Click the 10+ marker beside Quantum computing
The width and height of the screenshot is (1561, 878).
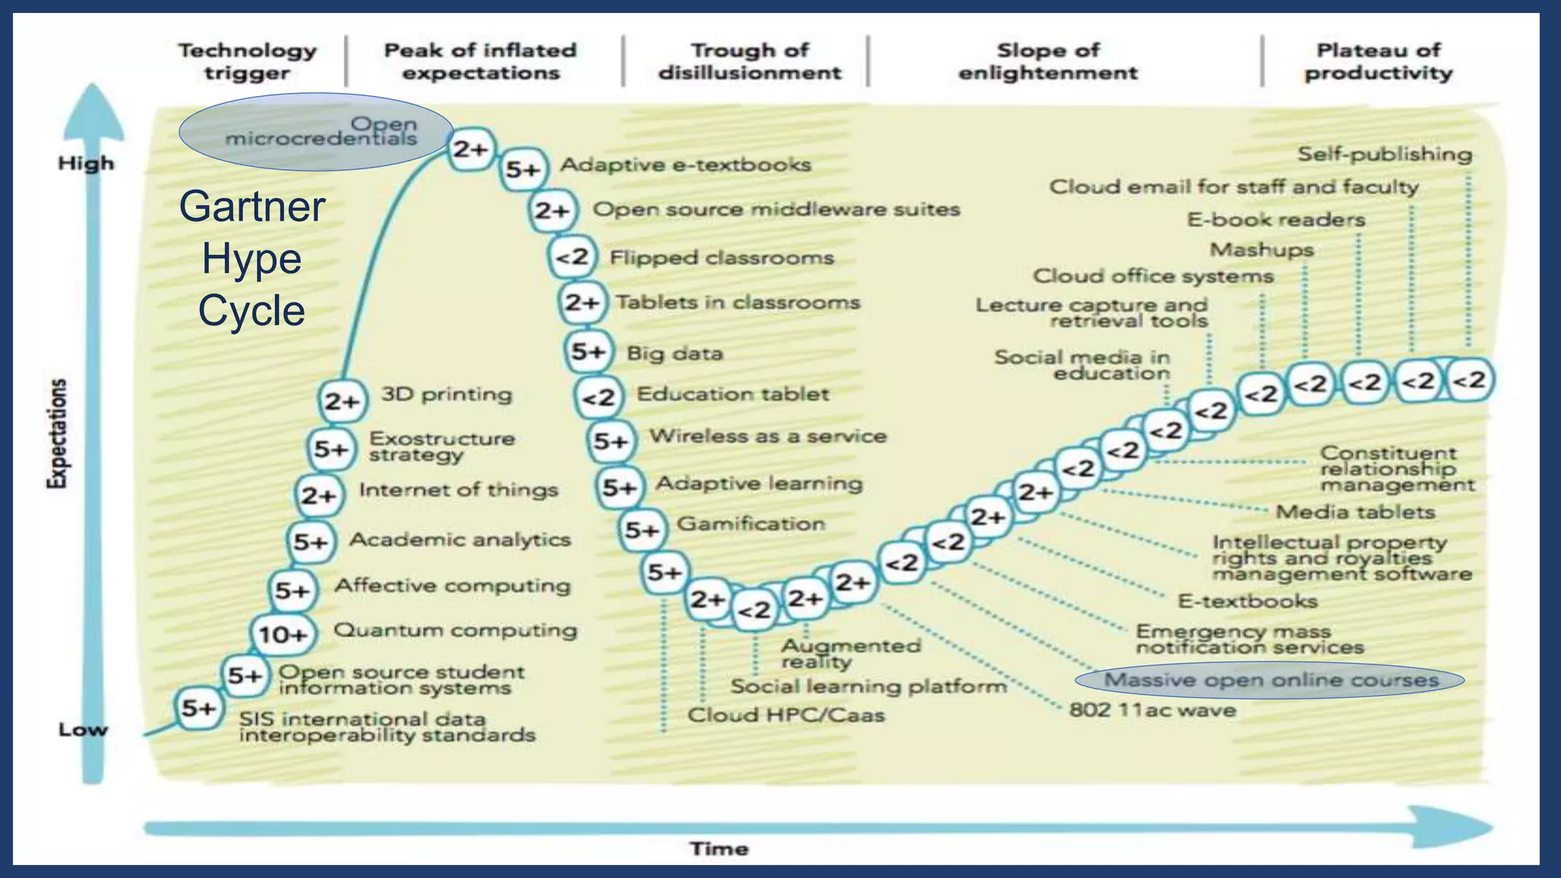coord(282,633)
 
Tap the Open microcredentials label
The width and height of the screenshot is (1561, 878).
coord(321,131)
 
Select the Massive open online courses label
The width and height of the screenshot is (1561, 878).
coord(1271,680)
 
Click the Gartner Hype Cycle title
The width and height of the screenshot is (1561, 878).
coord(252,258)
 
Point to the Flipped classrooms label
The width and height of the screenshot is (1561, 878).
coord(721,258)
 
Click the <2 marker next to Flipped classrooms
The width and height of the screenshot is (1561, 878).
coord(572,258)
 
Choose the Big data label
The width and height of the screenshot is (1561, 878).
coord(674,354)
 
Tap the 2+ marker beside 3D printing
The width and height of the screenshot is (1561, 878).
coord(341,400)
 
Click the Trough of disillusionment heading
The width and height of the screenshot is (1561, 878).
coord(749,62)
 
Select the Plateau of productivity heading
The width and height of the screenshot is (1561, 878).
coord(1378,62)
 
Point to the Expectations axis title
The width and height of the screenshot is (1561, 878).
coord(57,432)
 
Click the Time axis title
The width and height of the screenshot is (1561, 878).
coord(719,848)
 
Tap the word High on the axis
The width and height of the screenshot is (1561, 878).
coord(86,163)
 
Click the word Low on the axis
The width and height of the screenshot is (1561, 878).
coord(83,729)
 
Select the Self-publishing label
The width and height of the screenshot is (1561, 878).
coord(1384,154)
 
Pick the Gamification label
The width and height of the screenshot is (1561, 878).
coord(751,524)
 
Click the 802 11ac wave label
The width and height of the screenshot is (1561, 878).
coord(1152,710)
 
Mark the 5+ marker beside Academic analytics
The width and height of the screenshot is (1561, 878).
coord(311,542)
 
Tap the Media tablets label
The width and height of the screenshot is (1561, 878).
coord(1355,512)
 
